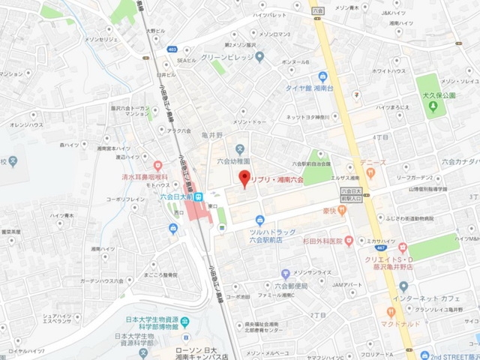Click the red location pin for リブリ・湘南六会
242,179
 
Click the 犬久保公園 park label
439,96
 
